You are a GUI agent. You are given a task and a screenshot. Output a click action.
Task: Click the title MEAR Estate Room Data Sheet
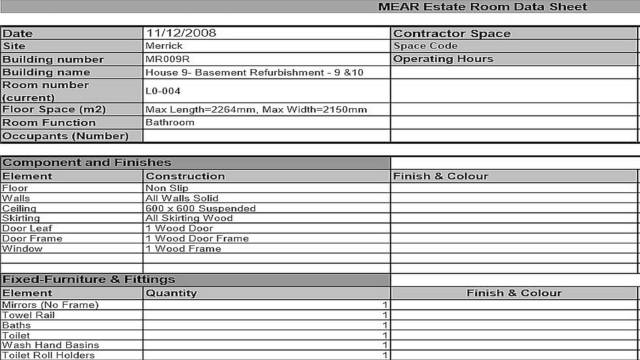tap(482, 7)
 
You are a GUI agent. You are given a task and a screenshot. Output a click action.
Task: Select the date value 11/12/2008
tap(181, 33)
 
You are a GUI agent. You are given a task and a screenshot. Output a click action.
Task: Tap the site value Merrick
tap(164, 46)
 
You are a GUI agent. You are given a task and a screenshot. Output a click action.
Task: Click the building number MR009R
tap(167, 59)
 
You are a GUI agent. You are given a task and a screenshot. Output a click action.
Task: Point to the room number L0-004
tap(163, 91)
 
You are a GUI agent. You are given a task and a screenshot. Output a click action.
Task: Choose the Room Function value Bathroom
tap(170, 122)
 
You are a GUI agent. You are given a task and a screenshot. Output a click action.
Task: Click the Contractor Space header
tap(452, 33)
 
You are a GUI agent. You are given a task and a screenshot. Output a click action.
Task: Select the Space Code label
tap(425, 46)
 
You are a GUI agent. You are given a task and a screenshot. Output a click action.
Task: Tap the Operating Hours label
tap(443, 59)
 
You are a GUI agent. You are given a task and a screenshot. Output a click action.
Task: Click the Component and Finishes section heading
tap(87, 163)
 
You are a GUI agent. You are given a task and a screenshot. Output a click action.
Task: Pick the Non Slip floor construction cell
tap(167, 188)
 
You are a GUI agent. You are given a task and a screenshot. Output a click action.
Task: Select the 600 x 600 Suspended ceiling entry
tap(200, 208)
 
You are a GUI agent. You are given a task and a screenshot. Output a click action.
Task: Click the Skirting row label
tap(21, 218)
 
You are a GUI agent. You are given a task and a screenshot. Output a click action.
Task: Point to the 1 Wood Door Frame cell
tap(197, 238)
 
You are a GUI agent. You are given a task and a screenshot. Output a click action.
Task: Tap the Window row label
tap(22, 249)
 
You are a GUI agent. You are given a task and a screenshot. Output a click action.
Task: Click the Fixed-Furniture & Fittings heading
tap(89, 279)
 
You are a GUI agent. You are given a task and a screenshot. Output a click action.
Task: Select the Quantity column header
tap(171, 293)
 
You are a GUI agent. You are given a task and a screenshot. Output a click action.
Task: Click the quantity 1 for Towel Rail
tap(385, 315)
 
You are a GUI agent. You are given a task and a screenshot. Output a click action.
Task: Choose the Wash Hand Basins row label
tap(50, 345)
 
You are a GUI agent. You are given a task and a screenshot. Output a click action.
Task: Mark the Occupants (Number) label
tap(65, 136)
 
